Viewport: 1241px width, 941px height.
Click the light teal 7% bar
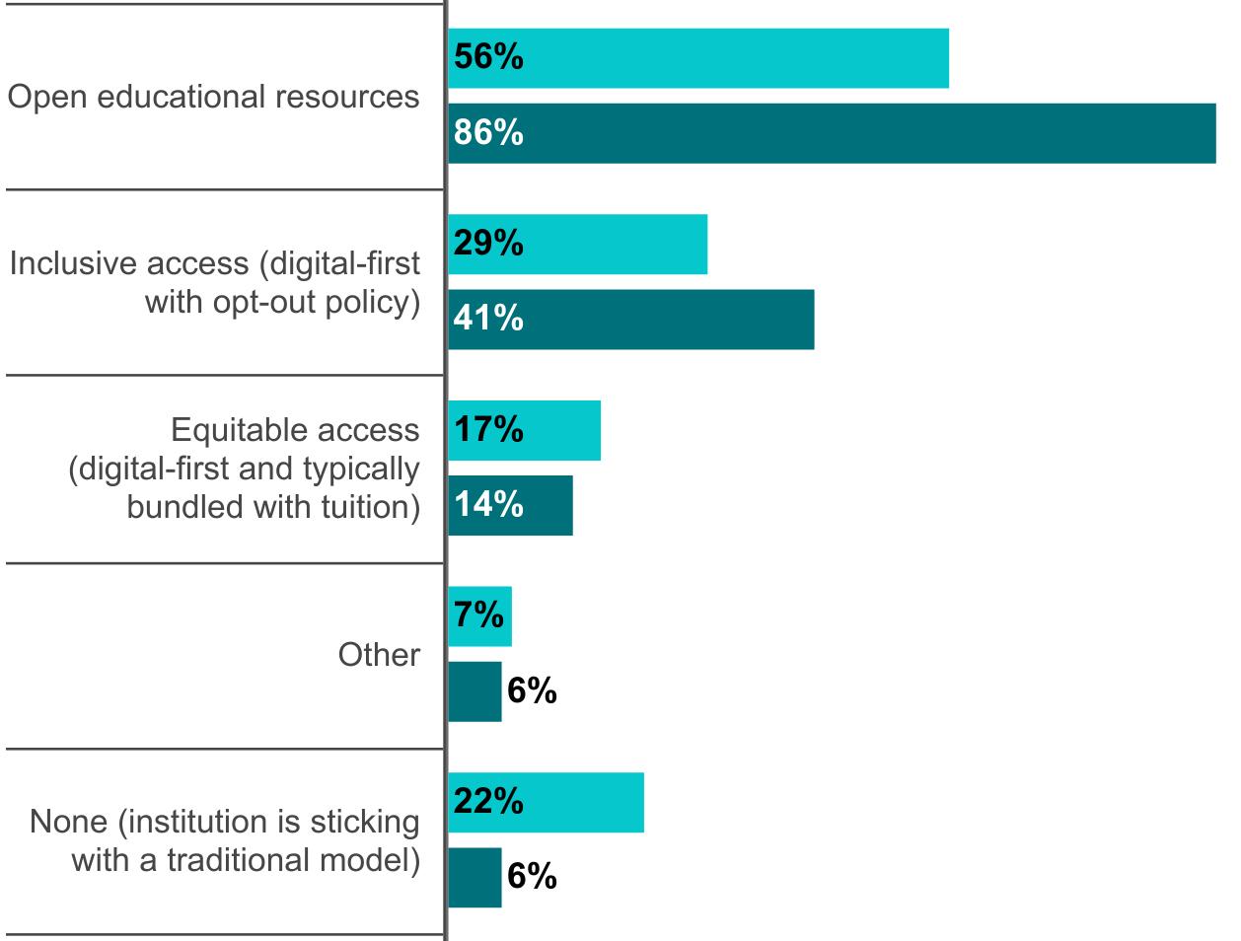(480, 615)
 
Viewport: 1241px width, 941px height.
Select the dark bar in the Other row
(474, 691)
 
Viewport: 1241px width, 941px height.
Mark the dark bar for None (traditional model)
(474, 877)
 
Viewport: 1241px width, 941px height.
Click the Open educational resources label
(213, 97)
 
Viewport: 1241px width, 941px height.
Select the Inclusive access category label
(215, 282)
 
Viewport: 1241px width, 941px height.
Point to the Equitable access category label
(245, 468)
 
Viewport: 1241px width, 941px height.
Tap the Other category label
(379, 654)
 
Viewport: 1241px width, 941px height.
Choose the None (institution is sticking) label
(225, 840)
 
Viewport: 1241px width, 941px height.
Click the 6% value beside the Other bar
(532, 691)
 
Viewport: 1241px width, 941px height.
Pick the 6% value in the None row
(532, 877)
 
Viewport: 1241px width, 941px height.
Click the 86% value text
(488, 133)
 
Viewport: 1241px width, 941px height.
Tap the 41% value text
(488, 319)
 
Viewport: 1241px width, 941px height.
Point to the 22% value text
(488, 802)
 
